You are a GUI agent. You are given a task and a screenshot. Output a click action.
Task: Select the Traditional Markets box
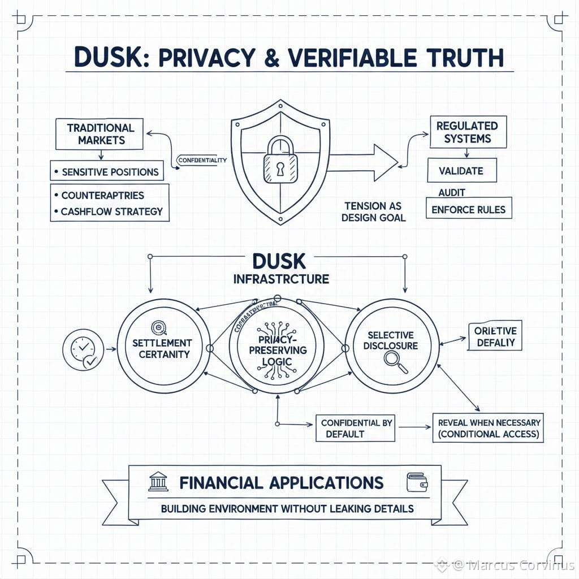click(x=100, y=134)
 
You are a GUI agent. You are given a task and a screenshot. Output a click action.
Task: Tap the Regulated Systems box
click(x=466, y=132)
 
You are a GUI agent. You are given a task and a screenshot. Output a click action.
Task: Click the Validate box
click(x=461, y=170)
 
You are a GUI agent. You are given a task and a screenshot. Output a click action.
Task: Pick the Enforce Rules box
click(x=469, y=208)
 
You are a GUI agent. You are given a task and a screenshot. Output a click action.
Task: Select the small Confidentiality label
click(x=202, y=160)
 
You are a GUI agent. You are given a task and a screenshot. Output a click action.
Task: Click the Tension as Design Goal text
click(x=373, y=211)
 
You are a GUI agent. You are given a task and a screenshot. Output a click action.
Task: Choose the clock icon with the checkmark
click(x=83, y=349)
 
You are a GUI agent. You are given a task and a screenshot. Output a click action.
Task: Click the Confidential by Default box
click(x=355, y=429)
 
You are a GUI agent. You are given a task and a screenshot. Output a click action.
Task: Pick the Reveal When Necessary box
click(x=488, y=428)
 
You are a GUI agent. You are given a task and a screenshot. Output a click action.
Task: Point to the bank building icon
click(x=158, y=482)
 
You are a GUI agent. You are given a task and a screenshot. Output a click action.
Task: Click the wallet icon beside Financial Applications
click(x=417, y=483)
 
